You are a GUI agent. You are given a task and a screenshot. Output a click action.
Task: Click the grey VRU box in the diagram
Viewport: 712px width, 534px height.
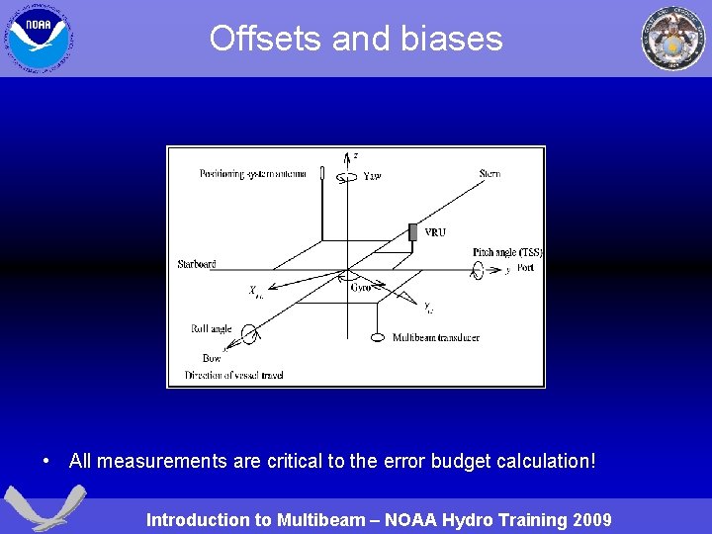point(412,232)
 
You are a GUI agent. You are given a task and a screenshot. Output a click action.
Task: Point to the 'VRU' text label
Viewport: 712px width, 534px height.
point(435,233)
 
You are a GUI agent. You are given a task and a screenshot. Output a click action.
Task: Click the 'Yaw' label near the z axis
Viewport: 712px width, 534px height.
point(372,176)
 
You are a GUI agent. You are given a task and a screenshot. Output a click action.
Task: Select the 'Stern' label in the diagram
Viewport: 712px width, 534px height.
point(489,174)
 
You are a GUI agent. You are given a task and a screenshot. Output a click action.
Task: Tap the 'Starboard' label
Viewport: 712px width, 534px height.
point(197,264)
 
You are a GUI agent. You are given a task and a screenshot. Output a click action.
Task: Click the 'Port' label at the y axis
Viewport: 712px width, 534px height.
point(525,268)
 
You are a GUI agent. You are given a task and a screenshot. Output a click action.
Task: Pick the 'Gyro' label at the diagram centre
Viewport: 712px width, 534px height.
point(361,288)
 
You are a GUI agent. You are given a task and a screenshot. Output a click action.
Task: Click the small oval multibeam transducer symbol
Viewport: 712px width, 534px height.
point(377,337)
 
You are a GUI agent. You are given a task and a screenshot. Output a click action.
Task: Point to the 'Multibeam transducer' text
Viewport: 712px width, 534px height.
point(435,337)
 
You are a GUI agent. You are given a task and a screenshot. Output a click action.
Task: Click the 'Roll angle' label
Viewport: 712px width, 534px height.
point(211,329)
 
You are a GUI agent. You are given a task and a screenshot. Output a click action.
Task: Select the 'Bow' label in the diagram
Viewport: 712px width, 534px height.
point(212,358)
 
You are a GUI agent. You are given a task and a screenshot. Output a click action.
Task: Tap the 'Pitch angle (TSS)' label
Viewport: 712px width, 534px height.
point(507,253)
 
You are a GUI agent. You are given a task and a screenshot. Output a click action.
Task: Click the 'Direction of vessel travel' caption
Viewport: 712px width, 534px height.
point(234,375)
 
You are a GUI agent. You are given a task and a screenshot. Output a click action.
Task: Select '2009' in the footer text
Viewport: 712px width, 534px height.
point(589,519)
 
